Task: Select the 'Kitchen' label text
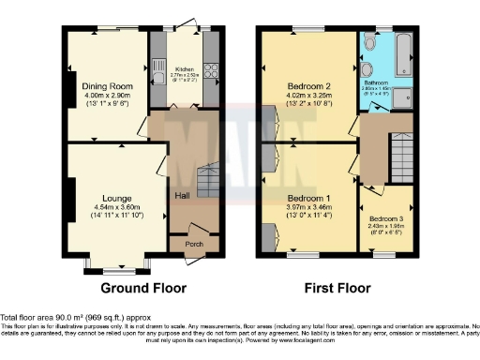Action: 184,68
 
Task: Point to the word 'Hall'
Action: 182,195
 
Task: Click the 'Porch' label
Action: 193,244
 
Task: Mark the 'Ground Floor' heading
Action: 143,288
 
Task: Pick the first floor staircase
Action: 403,150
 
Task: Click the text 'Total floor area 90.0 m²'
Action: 52,318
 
